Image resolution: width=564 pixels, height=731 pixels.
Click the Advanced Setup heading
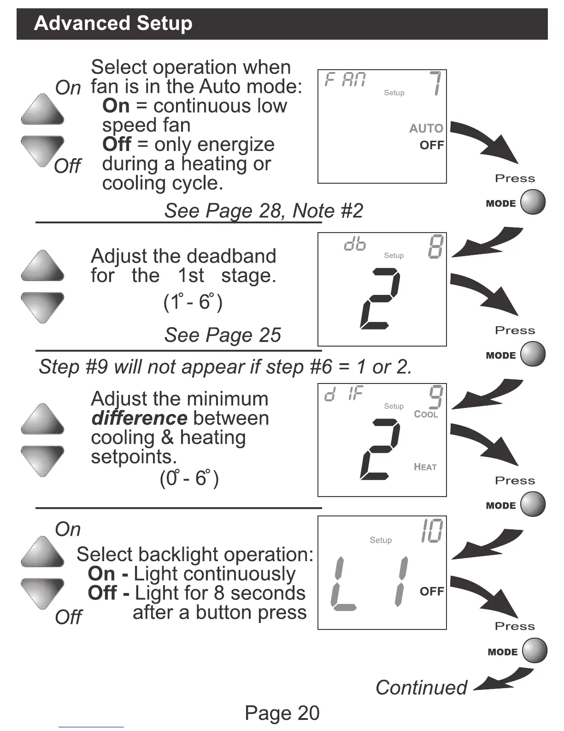pyautogui.click(x=113, y=23)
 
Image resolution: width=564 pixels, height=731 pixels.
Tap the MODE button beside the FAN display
pyautogui.click(x=533, y=202)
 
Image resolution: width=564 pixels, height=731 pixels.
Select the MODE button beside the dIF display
pyautogui.click(x=533, y=504)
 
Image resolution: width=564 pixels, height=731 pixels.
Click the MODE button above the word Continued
pyautogui.click(x=535, y=651)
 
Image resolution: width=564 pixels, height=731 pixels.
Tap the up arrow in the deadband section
pyautogui.click(x=42, y=266)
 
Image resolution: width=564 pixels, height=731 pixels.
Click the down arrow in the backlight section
pyautogui.click(x=42, y=593)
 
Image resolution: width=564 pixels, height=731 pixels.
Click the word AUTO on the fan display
pyautogui.click(x=426, y=128)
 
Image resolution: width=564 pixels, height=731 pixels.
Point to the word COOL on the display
pyautogui.click(x=426, y=414)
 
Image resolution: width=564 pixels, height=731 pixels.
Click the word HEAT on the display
pyautogui.click(x=425, y=467)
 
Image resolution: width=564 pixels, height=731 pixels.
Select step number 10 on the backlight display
pyautogui.click(x=432, y=531)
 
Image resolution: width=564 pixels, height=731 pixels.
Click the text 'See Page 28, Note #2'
pyautogui.click(x=264, y=211)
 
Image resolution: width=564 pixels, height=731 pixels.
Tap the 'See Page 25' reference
pyautogui.click(x=223, y=335)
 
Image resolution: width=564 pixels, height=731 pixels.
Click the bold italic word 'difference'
pyautogui.click(x=139, y=418)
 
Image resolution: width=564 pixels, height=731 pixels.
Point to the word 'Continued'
pyautogui.click(x=421, y=688)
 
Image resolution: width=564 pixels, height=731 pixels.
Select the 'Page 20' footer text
pyautogui.click(x=282, y=713)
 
